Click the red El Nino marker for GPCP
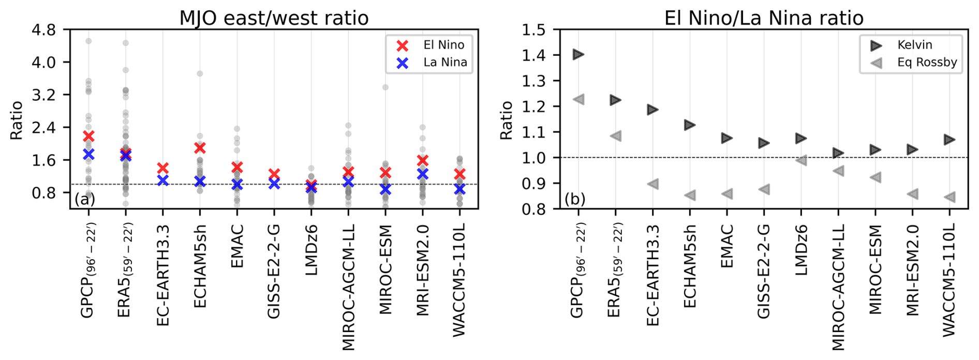(88, 136)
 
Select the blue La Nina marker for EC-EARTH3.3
(163, 181)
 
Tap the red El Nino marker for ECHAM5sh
(200, 148)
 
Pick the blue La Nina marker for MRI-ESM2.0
(423, 174)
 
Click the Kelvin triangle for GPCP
(578, 54)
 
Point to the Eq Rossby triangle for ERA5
(616, 136)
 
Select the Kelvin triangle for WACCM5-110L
(949, 140)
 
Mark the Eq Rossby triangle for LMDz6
(801, 160)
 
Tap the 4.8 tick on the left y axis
(44, 29)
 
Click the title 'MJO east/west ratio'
(274, 18)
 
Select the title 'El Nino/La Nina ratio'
(764, 18)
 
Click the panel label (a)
(84, 199)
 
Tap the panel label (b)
(574, 199)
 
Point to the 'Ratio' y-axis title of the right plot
(506, 120)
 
